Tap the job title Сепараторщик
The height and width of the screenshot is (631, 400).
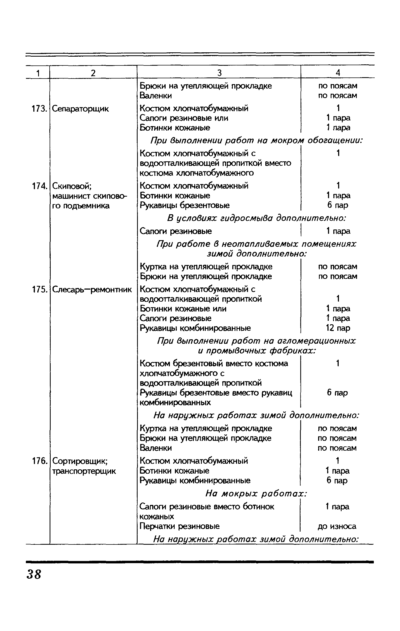(x=81, y=109)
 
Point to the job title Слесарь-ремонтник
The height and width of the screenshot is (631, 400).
(x=92, y=289)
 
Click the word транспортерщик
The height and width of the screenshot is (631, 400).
(x=84, y=471)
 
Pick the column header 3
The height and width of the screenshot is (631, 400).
(x=219, y=73)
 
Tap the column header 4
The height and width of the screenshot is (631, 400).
(x=338, y=73)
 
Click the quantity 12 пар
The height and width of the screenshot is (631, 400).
(x=338, y=328)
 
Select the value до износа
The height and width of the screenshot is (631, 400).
(x=337, y=526)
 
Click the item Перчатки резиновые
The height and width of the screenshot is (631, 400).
(x=180, y=526)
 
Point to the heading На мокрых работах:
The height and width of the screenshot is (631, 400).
(x=257, y=494)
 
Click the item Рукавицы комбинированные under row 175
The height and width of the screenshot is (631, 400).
(x=195, y=328)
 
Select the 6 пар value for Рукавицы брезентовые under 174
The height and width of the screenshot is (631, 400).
(x=338, y=205)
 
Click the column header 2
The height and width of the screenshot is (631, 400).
(x=93, y=73)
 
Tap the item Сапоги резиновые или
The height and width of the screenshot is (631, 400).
(x=184, y=118)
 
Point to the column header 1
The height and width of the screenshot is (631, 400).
(x=38, y=73)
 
